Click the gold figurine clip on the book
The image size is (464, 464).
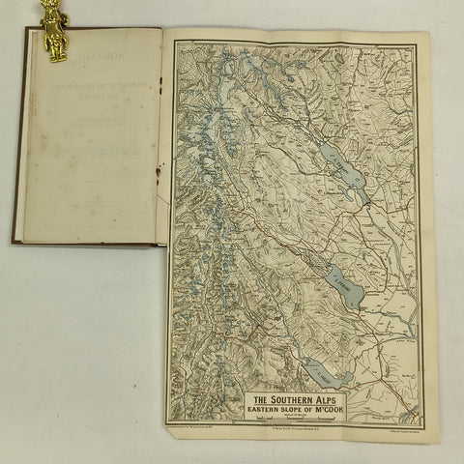[52, 29]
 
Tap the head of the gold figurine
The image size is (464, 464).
[50, 8]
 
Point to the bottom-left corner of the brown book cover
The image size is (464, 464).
[14, 243]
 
